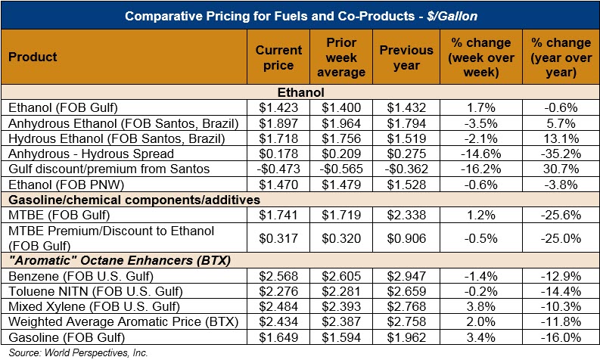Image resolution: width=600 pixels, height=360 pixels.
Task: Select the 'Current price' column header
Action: click(279, 57)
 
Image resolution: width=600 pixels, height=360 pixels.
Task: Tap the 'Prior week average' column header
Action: click(344, 57)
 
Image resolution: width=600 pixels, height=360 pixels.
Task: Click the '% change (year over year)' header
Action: click(554, 57)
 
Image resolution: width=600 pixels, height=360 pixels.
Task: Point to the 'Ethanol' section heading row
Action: click(300, 92)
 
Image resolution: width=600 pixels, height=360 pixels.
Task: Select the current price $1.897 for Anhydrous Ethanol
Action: click(278, 122)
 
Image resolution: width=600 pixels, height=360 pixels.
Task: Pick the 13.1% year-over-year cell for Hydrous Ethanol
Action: click(555, 137)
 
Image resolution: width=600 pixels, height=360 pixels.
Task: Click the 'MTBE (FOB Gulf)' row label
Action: click(48, 215)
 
